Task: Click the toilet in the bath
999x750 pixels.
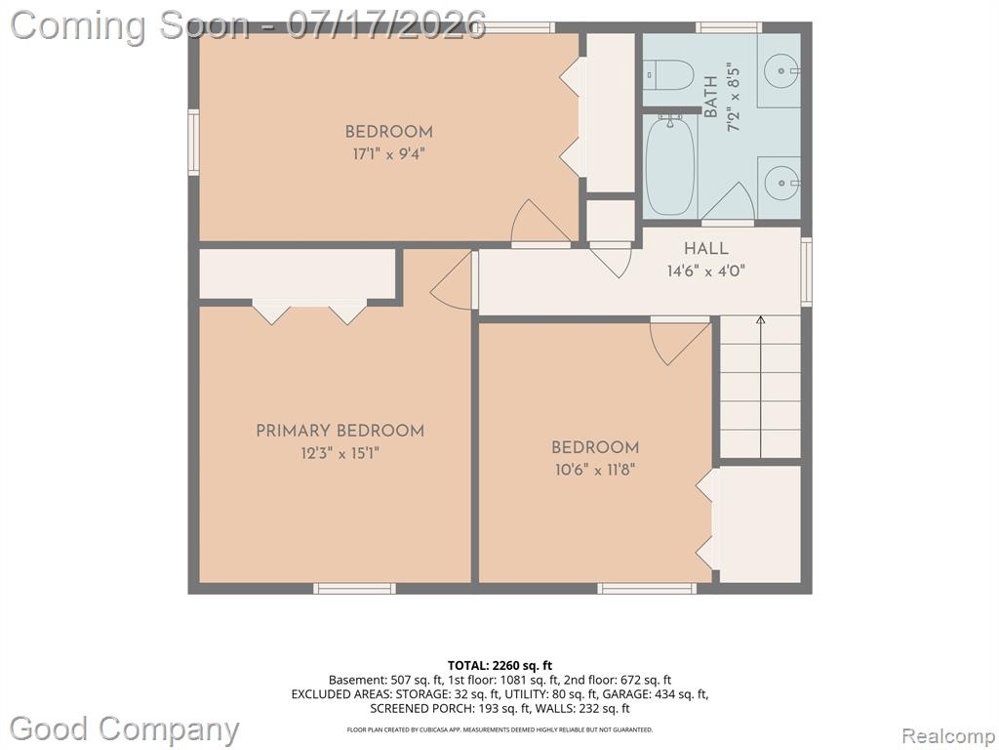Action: (667, 75)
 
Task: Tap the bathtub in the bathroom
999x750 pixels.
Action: (670, 165)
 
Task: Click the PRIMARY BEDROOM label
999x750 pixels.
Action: (340, 431)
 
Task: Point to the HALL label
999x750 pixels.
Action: (706, 248)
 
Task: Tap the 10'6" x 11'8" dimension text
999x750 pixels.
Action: (595, 470)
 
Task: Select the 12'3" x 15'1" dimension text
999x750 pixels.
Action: (340, 453)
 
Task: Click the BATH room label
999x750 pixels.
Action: (711, 97)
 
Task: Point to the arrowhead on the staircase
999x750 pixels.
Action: (760, 319)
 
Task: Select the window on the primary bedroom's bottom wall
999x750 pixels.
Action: (354, 588)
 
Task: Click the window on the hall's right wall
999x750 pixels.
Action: (807, 271)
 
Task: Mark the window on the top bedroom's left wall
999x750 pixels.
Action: (194, 143)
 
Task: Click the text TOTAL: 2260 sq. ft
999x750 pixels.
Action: (499, 666)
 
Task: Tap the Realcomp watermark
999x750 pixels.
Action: (948, 735)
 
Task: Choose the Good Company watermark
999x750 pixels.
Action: (124, 729)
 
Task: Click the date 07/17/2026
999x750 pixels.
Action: (386, 25)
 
